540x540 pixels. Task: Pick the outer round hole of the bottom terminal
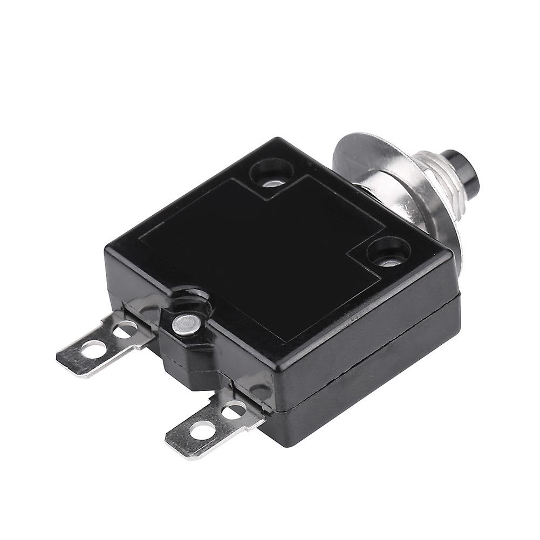click(x=202, y=430)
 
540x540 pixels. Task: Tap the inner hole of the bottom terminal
click(x=233, y=412)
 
